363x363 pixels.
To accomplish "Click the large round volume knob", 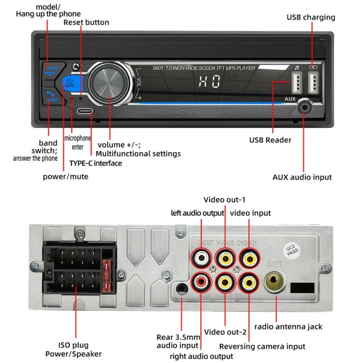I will tap(111, 84).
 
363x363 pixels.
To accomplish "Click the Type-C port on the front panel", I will tap(84, 111).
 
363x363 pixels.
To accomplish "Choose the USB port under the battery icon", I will tap(314, 83).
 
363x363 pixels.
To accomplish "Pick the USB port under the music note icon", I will tap(296, 83).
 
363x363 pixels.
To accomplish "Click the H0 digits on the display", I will tap(209, 82).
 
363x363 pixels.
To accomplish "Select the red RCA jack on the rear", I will tap(201, 280).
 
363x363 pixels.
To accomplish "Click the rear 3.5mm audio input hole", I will tap(181, 289).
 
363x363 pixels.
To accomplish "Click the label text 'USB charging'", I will tap(311, 17).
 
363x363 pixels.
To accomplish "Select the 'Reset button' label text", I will tap(87, 22).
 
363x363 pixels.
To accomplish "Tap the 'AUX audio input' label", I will tap(302, 177).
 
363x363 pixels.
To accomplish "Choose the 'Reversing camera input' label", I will tap(262, 346).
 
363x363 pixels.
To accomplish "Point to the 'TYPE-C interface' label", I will tap(96, 163).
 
